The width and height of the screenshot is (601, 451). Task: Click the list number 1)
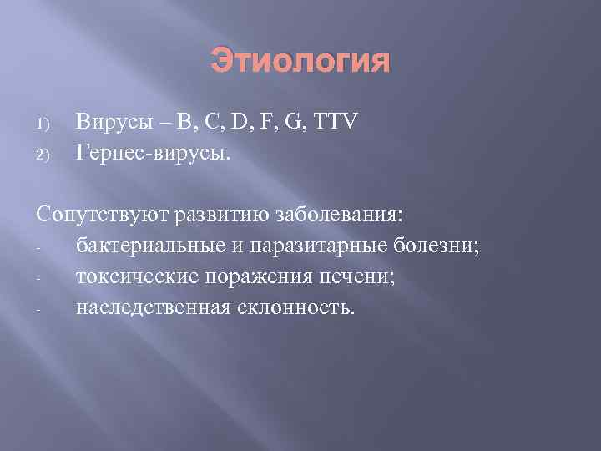tap(44, 125)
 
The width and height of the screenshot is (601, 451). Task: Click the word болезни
tap(442, 246)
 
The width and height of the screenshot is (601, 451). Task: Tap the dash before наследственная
tap(39, 309)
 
